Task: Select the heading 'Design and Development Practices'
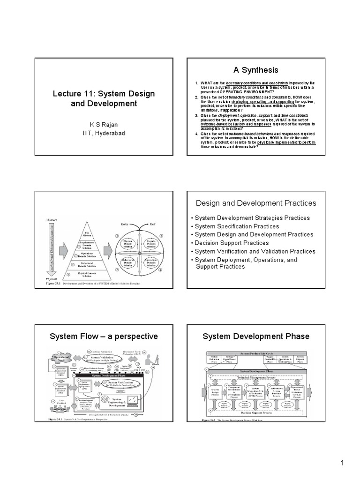tap(255, 203)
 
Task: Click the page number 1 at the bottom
tap(342, 464)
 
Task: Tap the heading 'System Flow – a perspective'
tap(104, 337)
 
